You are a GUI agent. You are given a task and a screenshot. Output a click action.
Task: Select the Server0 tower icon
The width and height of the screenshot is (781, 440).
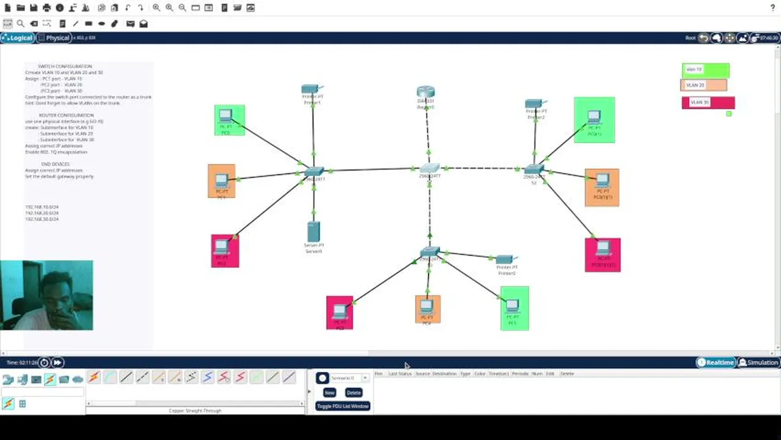[x=313, y=232]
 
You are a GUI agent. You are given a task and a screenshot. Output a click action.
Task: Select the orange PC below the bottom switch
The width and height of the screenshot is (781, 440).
[x=427, y=307]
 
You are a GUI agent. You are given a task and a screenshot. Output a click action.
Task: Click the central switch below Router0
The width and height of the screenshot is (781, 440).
[x=430, y=168]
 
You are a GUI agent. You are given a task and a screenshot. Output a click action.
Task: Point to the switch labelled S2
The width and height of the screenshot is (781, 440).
[x=533, y=169]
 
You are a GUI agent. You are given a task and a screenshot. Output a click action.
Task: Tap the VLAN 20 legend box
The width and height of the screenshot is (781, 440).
[x=703, y=86]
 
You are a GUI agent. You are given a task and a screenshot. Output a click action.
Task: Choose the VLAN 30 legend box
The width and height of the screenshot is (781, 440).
[x=708, y=102]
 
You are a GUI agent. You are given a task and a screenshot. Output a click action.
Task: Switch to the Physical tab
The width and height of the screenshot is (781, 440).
[x=54, y=38]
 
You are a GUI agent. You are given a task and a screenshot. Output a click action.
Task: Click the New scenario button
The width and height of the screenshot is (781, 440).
[x=329, y=392]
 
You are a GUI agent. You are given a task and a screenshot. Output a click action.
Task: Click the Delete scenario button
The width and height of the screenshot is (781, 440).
[x=353, y=392]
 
